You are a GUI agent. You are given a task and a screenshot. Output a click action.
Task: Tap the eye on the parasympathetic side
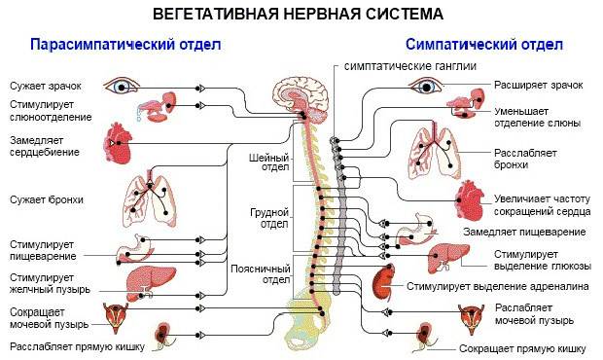click(x=122, y=87)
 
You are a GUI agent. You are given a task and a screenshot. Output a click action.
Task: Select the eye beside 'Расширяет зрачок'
click(x=426, y=87)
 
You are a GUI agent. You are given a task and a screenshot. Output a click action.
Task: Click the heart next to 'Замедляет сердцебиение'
click(x=118, y=143)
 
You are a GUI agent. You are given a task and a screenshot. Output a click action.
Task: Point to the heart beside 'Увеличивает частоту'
click(x=470, y=200)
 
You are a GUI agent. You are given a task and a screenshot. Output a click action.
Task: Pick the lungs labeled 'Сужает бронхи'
click(x=150, y=200)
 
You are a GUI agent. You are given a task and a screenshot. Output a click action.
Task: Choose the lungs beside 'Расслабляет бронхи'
click(x=434, y=152)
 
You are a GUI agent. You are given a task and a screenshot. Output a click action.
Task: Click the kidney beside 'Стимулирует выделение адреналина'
click(x=384, y=283)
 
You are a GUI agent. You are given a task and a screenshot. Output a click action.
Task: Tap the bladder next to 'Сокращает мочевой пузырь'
click(x=116, y=317)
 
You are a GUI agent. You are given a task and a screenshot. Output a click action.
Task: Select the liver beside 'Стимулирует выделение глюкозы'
click(x=448, y=257)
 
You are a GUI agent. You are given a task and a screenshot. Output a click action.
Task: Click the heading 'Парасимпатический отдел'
click(x=125, y=44)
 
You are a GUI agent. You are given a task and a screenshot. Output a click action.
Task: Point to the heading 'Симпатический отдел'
click(x=484, y=44)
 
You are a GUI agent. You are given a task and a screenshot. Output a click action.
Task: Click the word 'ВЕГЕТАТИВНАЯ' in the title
click(x=215, y=14)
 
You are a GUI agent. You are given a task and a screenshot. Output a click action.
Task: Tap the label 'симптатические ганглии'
click(x=410, y=66)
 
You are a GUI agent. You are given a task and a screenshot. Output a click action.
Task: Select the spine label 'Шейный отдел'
click(x=270, y=162)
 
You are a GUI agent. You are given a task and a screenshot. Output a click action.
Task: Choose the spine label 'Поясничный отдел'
click(x=261, y=273)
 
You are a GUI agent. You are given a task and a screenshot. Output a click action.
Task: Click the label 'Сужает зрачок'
click(x=46, y=86)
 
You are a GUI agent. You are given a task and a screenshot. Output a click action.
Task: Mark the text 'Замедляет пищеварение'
click(x=524, y=232)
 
